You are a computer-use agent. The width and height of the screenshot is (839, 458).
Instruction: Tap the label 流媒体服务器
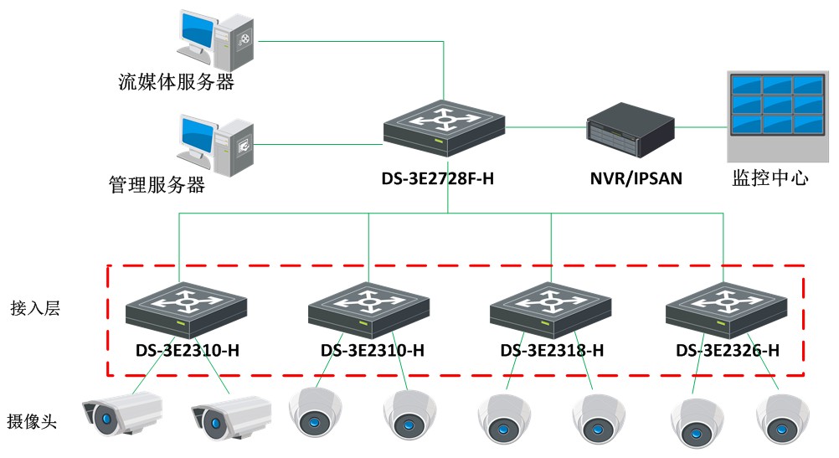coord(176,82)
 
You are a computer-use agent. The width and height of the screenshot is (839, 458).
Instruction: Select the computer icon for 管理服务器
coord(215,144)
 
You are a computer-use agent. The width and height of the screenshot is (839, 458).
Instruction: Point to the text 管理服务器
coord(157,184)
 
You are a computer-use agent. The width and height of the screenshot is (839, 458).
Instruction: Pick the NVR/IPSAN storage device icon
coord(630,129)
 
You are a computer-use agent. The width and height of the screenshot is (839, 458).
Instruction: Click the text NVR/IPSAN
coord(630,178)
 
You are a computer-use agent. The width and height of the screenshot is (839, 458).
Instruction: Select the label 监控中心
coord(770,178)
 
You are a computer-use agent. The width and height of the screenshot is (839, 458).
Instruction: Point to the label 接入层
coord(34,308)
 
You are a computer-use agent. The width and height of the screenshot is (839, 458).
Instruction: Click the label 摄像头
coord(33,421)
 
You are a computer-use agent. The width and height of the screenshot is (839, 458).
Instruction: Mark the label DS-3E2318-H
coord(552,351)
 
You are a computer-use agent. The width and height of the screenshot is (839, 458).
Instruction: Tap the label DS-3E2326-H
coord(728,351)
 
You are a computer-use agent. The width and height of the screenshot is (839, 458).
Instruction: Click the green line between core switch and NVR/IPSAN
coord(548,128)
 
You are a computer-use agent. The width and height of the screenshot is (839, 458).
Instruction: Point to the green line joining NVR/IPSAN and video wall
coord(702,128)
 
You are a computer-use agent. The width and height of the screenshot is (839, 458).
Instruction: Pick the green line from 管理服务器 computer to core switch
coord(318,144)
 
